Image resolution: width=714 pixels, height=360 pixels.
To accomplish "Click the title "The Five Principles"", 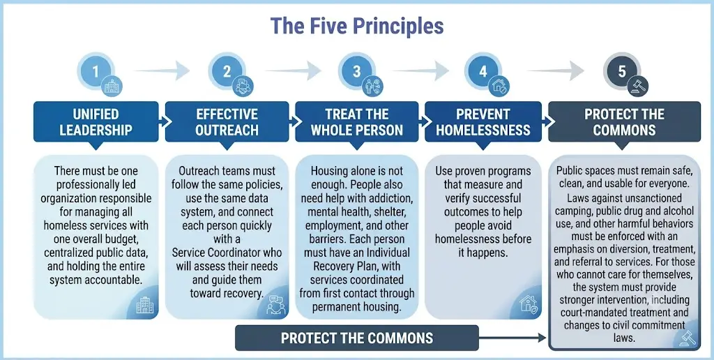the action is click(356, 26).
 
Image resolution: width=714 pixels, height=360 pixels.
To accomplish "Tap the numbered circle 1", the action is click(96, 72).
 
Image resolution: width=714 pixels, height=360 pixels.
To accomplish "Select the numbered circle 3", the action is click(356, 72).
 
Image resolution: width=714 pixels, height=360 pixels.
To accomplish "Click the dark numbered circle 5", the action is click(622, 72).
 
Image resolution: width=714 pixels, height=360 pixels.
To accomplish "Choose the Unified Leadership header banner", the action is click(96, 121).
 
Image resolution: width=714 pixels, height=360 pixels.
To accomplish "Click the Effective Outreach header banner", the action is click(227, 121).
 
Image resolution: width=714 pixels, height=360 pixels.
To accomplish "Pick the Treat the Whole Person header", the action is click(357, 121).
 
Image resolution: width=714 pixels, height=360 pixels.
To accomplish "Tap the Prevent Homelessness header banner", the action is click(483, 121).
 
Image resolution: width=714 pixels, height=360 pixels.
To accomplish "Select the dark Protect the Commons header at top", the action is click(624, 121).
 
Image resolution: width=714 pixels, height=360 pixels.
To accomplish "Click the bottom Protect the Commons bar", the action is click(357, 338).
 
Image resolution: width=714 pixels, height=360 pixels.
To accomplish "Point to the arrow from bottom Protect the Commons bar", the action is click(512, 338).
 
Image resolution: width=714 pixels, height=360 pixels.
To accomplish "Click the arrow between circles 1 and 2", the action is click(162, 70).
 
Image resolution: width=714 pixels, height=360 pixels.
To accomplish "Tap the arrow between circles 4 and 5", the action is click(556, 70).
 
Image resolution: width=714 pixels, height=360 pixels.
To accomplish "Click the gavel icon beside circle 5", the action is click(637, 86).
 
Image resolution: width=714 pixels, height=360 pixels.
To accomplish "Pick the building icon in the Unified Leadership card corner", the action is click(145, 305).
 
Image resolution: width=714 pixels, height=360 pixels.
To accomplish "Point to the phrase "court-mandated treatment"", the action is click(624, 313).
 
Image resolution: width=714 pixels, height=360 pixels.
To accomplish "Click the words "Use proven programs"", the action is click(483, 172).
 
